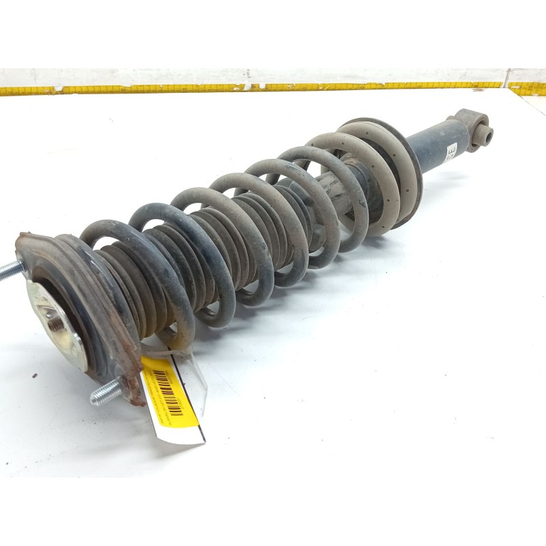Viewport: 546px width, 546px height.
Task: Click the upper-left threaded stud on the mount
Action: [x=8, y=271]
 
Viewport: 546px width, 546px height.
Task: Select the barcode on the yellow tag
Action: [x=167, y=390]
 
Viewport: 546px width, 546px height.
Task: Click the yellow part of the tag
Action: [x=179, y=409]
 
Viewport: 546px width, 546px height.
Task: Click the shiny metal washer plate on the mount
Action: [x=58, y=321]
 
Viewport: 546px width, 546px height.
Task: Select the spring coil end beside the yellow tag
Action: [x=171, y=341]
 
